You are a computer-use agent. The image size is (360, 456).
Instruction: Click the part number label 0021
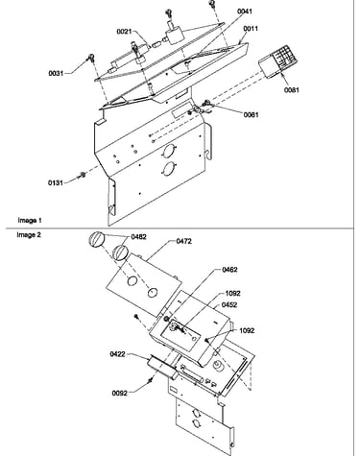click(124, 31)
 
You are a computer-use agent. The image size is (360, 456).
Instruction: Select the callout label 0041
click(245, 12)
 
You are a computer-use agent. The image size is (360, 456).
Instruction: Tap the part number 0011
click(251, 29)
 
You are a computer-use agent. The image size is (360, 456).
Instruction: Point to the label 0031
click(56, 73)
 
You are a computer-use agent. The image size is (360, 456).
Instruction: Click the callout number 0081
click(292, 90)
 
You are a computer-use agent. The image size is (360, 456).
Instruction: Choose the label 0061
click(251, 114)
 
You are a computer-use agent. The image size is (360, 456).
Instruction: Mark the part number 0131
click(56, 182)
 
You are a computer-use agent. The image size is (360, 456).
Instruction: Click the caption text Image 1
click(30, 220)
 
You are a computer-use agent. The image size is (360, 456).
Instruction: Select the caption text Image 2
click(29, 235)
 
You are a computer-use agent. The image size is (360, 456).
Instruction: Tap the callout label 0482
click(138, 237)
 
